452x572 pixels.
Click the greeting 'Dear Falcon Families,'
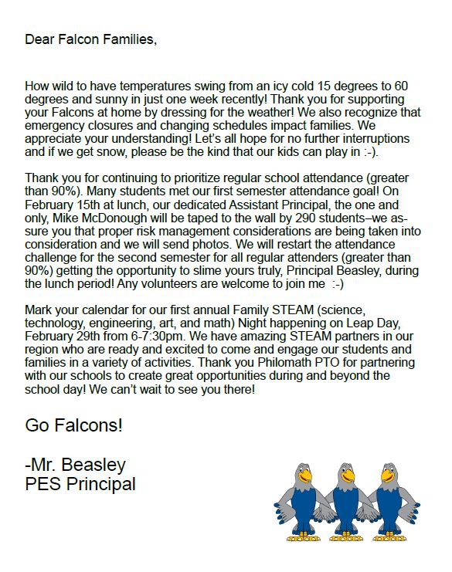click(x=90, y=39)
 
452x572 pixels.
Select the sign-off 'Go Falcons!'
click(x=73, y=425)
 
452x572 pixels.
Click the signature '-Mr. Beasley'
click(x=75, y=465)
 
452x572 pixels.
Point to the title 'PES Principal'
click(x=80, y=485)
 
